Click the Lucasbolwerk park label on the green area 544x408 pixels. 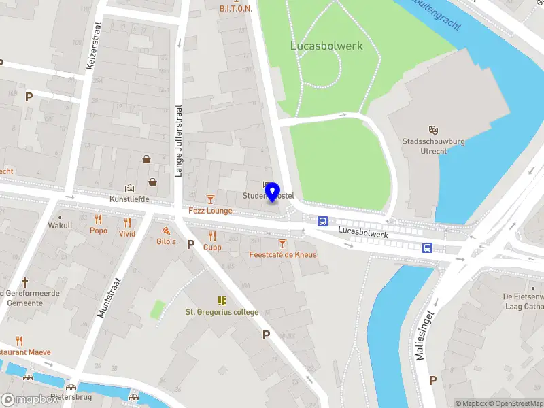click(x=326, y=46)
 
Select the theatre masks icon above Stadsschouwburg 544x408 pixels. click(x=433, y=129)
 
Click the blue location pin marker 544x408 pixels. click(x=272, y=192)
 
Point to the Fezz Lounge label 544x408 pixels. click(x=210, y=211)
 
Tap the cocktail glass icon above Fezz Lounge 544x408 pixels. click(x=210, y=199)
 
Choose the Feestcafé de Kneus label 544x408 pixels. click(x=283, y=255)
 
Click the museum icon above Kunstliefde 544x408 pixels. click(x=129, y=188)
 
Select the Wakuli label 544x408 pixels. click(x=60, y=226)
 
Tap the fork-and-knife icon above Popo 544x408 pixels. click(x=99, y=219)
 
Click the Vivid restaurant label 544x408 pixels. click(x=127, y=233)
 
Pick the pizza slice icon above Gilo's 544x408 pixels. click(x=167, y=231)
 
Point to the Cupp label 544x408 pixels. click(x=212, y=248)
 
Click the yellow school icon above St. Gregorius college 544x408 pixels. click(x=222, y=301)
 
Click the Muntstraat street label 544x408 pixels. click(x=104, y=298)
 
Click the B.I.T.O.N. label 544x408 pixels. click(x=236, y=9)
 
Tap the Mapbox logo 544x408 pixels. click(x=30, y=400)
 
